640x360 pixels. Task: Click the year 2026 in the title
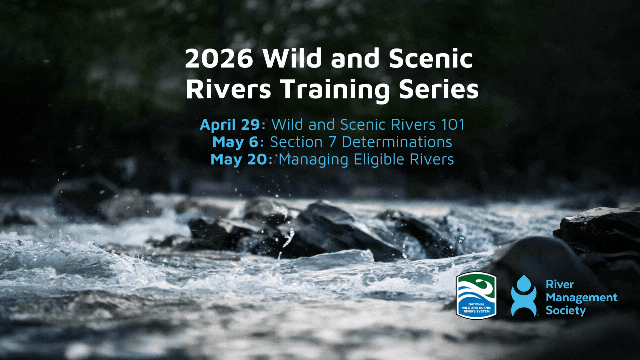tap(219, 59)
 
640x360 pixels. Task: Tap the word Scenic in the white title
tap(431, 59)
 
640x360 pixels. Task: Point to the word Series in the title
tap(439, 89)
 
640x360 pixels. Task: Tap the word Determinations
tap(397, 142)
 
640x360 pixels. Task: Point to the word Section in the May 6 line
tap(296, 142)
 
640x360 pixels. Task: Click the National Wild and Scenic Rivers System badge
tap(476, 295)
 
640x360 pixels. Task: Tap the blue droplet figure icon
tap(524, 296)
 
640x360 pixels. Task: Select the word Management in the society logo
tap(581, 297)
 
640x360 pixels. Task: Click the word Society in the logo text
tap(566, 311)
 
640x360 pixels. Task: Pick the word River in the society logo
tap(560, 284)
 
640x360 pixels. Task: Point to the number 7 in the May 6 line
tap(332, 142)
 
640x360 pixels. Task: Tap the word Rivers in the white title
tap(228, 89)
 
